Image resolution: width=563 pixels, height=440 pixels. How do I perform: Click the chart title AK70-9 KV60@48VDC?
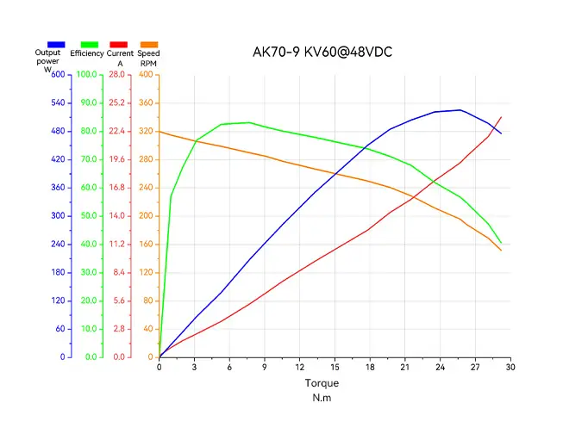(x=322, y=52)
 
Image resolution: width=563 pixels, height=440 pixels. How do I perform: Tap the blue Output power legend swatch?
(x=56, y=45)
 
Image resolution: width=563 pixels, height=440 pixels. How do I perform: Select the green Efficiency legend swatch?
(x=90, y=45)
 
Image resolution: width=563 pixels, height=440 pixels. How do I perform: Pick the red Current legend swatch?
(x=118, y=45)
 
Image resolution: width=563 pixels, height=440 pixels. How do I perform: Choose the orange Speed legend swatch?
(x=149, y=45)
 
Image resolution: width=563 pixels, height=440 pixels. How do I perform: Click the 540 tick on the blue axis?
(x=58, y=103)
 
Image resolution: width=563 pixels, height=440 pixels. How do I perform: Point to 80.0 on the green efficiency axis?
(x=89, y=131)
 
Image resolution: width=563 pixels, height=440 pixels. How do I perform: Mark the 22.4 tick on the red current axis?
(x=116, y=131)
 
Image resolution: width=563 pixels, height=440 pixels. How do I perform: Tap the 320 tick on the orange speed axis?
(x=146, y=131)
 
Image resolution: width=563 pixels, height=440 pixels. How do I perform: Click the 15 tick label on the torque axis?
(x=335, y=367)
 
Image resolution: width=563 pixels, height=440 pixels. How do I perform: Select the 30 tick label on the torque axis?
(x=510, y=367)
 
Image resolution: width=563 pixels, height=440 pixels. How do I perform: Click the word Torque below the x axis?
(x=322, y=383)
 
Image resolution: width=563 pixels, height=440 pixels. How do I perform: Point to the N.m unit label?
(x=322, y=398)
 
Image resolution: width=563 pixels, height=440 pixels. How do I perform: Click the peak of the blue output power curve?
(x=460, y=110)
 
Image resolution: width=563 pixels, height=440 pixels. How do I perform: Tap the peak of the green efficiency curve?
(x=249, y=122)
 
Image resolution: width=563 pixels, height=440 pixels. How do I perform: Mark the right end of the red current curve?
(x=501, y=117)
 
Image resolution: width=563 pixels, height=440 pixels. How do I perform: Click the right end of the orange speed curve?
(x=501, y=251)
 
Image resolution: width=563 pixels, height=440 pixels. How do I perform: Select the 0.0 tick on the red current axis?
(x=119, y=357)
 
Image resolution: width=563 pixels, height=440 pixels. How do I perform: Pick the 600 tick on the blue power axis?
(x=58, y=75)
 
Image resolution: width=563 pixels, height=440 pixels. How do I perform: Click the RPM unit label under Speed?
(x=148, y=64)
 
